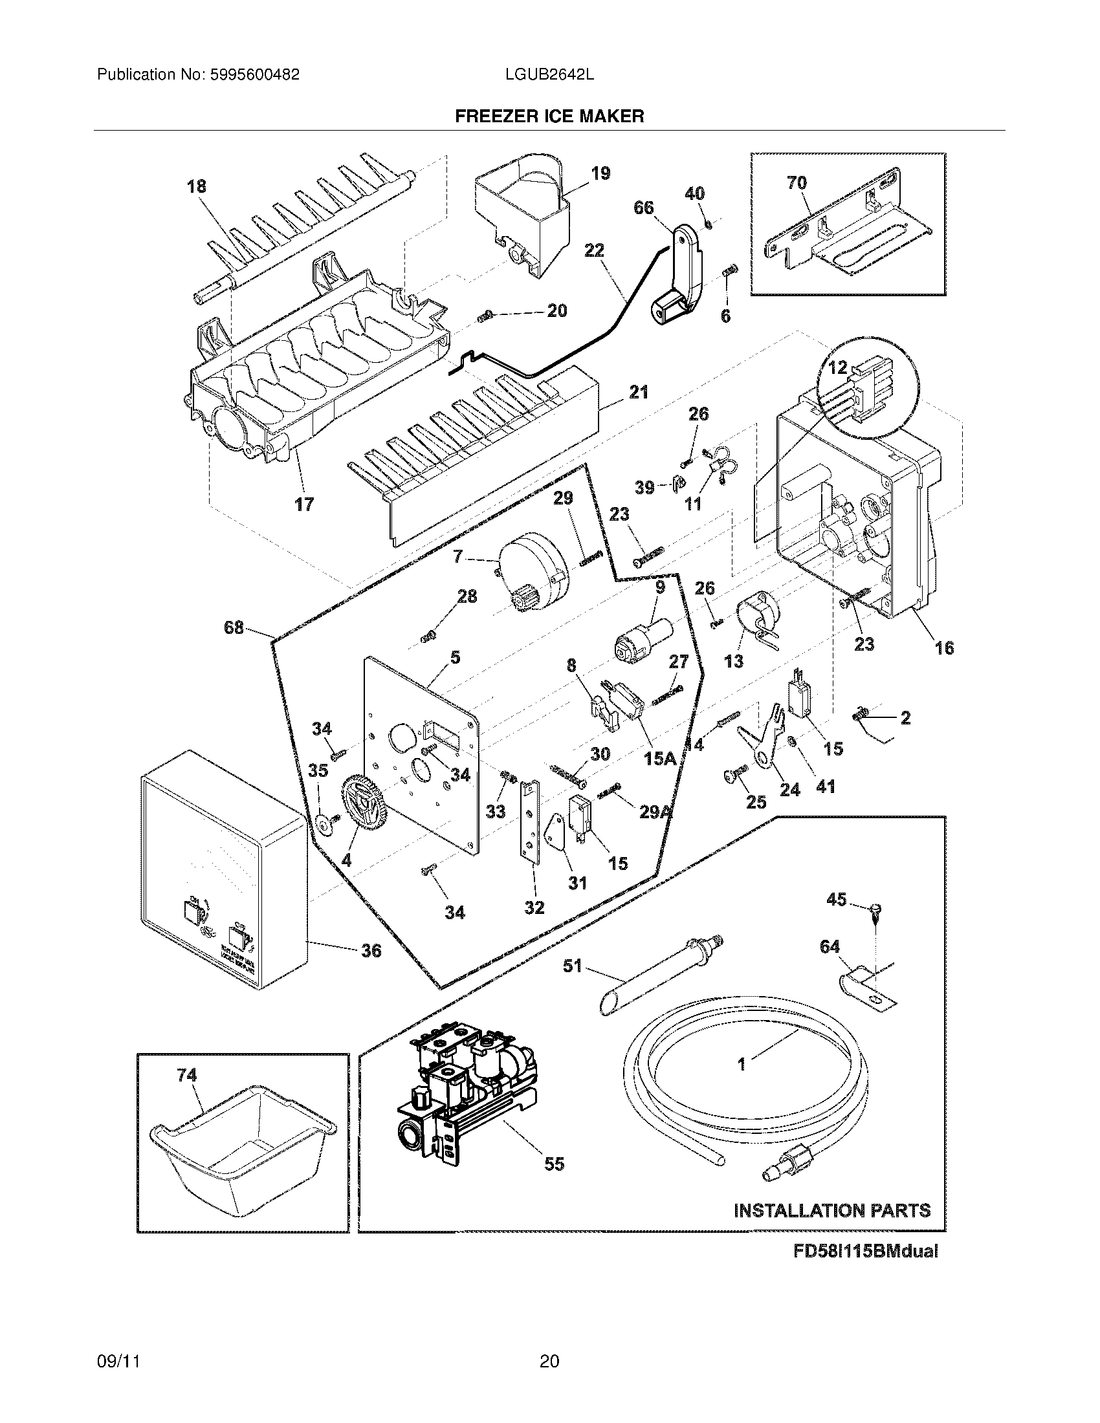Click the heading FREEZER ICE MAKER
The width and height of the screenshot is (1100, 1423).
click(x=549, y=116)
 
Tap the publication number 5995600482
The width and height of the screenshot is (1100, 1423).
click(x=254, y=75)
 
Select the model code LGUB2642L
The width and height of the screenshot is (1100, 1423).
click(x=549, y=75)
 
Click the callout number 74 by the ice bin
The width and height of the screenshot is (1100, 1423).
click(x=187, y=1075)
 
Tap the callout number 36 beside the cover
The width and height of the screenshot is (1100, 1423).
click(x=371, y=951)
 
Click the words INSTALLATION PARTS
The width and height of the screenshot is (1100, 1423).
click(x=832, y=1211)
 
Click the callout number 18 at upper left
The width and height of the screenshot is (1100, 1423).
click(x=196, y=186)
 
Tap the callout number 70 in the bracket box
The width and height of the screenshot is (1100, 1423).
click(x=797, y=183)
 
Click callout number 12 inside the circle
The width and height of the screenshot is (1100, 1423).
click(x=837, y=367)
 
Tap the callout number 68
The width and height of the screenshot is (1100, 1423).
click(x=234, y=628)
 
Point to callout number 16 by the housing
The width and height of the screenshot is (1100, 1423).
click(x=944, y=647)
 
